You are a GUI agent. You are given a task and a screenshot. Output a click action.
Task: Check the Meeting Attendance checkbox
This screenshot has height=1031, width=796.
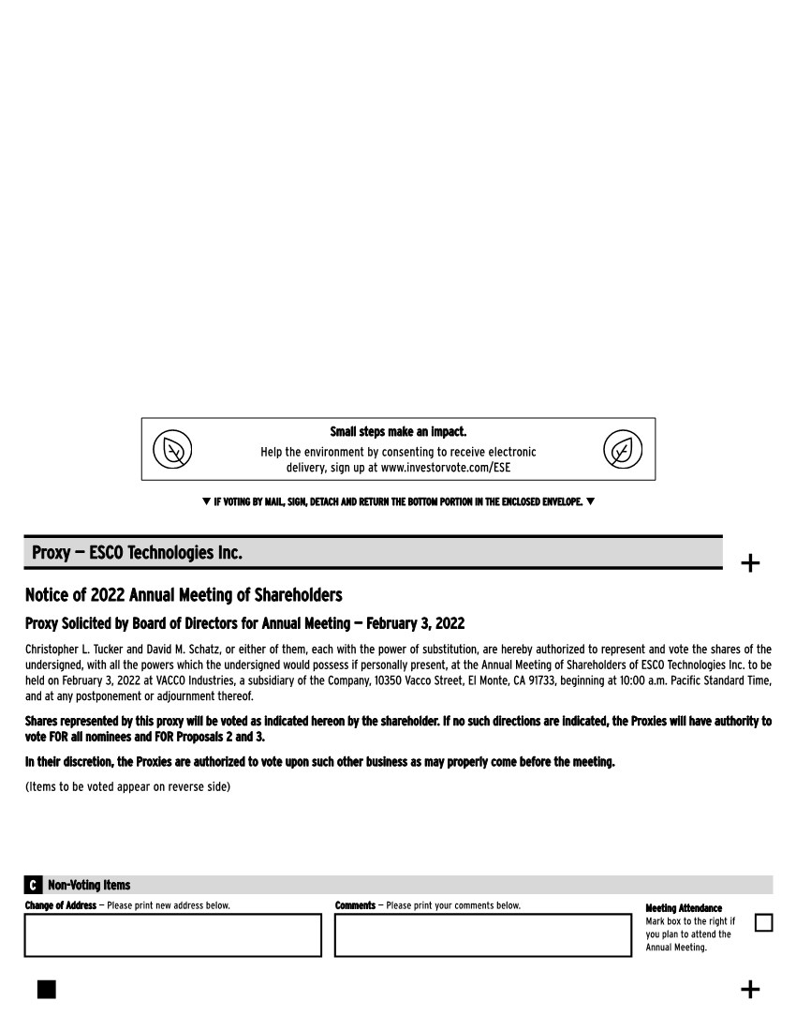pyautogui.click(x=763, y=923)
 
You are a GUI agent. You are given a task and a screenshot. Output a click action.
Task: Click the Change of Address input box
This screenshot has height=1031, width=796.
pyautogui.click(x=173, y=935)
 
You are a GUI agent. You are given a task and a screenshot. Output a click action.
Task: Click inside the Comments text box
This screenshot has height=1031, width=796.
pyautogui.click(x=483, y=935)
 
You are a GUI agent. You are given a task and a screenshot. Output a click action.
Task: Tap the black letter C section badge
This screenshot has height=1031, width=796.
pyautogui.click(x=33, y=885)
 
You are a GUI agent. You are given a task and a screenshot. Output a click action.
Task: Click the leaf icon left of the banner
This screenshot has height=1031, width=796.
pyautogui.click(x=172, y=450)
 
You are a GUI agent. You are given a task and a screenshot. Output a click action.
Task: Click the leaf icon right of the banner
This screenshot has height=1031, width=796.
pyautogui.click(x=623, y=450)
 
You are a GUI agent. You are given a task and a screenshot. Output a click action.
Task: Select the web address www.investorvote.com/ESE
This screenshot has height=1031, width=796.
pyautogui.click(x=446, y=467)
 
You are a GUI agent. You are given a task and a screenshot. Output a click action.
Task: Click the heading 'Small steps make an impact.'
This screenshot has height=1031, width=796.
pyautogui.click(x=398, y=432)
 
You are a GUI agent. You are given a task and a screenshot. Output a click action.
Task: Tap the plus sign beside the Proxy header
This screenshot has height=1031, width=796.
pyautogui.click(x=750, y=563)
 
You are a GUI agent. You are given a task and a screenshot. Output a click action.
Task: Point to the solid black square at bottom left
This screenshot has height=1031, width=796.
pyautogui.click(x=47, y=990)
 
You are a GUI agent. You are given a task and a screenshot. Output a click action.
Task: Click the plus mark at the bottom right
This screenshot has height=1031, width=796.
pyautogui.click(x=750, y=990)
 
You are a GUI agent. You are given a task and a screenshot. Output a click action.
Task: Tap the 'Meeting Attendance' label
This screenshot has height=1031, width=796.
pyautogui.click(x=684, y=908)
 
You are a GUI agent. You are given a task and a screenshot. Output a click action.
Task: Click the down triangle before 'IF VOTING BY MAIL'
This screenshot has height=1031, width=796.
pyautogui.click(x=206, y=501)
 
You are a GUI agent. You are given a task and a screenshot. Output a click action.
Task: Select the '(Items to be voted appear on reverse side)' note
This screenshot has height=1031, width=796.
pyautogui.click(x=127, y=786)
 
